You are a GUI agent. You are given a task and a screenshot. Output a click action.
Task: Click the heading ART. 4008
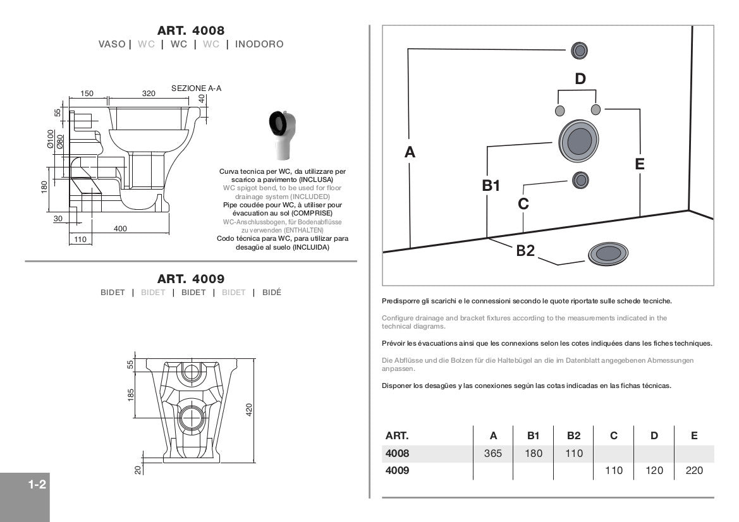pos(191,30)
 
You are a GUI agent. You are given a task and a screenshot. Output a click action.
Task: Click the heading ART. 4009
pos(191,279)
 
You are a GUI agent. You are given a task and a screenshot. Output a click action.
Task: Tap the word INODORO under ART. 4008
pos(259,44)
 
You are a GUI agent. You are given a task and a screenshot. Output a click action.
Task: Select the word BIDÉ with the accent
pos(272,293)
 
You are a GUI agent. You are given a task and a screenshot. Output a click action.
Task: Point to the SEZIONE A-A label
pos(196,88)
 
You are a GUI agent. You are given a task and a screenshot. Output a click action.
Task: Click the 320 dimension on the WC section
pos(149,94)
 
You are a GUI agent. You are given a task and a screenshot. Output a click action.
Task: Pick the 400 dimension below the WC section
pos(120,228)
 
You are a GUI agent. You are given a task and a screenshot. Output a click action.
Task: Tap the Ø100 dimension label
pos(51,138)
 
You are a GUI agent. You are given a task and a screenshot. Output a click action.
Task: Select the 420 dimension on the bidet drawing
pos(249,410)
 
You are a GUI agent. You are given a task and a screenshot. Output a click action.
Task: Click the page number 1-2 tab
pos(36,485)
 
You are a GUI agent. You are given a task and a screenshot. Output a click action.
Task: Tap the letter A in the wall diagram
pos(410,152)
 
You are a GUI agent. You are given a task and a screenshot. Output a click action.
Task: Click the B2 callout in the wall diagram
pos(525,250)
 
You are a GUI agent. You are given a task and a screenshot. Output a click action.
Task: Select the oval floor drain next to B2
pos(608,254)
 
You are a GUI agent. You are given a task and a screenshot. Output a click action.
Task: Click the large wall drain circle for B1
pos(577,141)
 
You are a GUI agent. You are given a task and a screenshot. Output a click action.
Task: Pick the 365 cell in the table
pos(493,453)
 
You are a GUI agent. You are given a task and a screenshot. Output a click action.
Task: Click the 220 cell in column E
pos(694,470)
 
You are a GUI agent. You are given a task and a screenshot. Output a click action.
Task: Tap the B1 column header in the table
pos(534,435)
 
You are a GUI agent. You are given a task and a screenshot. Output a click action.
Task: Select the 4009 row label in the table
pos(397,470)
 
